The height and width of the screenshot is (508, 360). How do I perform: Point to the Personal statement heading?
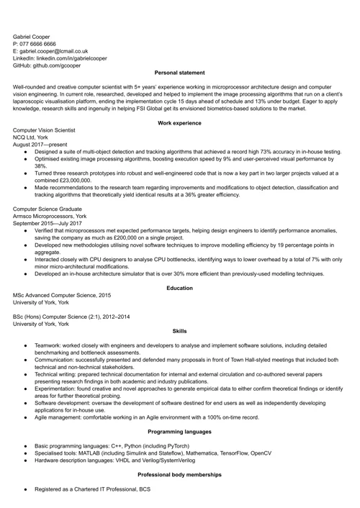(x=180, y=73)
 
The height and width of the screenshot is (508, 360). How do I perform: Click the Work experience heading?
(x=180, y=124)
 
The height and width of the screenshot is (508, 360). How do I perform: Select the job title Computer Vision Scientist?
(x=48, y=132)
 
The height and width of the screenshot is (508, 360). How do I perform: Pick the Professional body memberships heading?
(x=180, y=476)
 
